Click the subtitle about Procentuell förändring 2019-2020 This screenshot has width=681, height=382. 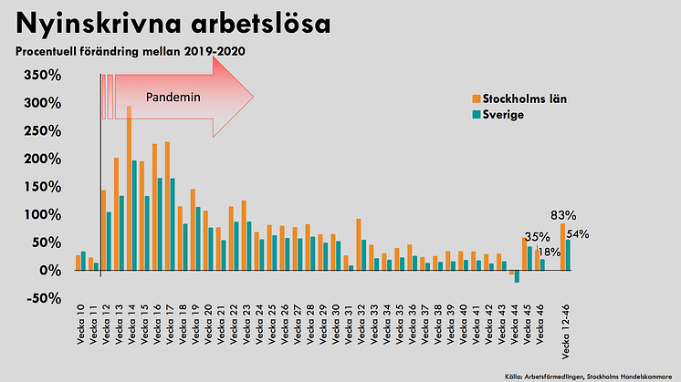(130, 50)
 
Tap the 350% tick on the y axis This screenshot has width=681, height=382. (43, 75)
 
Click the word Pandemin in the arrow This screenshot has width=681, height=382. (173, 96)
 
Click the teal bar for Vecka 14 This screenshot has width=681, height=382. (134, 215)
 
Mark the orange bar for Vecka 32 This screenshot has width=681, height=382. (359, 244)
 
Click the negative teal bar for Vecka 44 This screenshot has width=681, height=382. (517, 276)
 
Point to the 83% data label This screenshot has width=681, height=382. (562, 215)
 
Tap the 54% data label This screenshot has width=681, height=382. (578, 234)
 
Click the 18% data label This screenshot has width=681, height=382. (550, 252)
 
